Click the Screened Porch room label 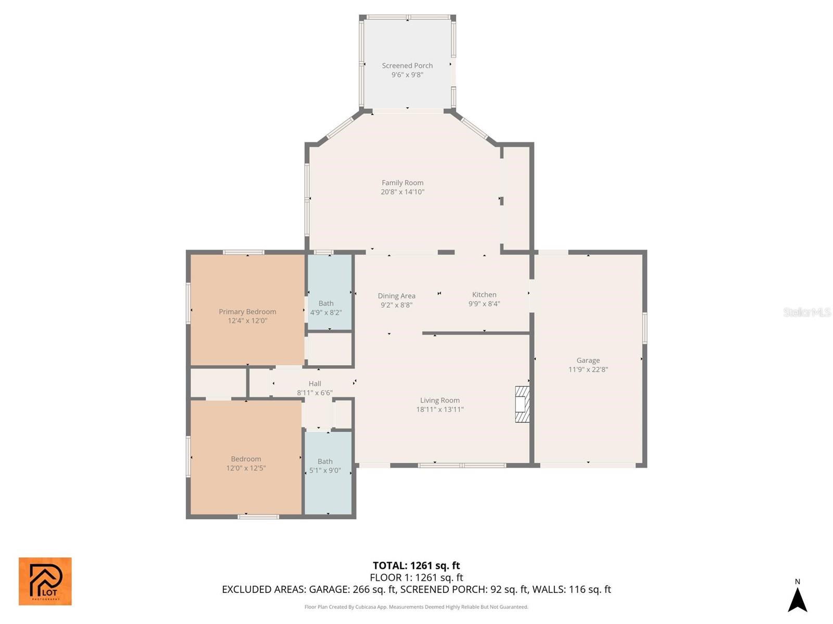coord(407,66)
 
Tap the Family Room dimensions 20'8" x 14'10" coord(402,192)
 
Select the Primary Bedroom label coord(247,311)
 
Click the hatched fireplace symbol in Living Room coord(522,404)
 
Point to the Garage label coord(588,360)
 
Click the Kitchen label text coord(484,295)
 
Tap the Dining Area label coord(396,296)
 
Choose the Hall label coord(314,384)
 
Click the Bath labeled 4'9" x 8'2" coord(326,308)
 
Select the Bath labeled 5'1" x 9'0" coord(325,466)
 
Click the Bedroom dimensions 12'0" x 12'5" coord(246,468)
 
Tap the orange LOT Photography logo coord(45,581)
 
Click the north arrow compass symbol coord(797,599)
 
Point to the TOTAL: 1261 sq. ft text coord(416,566)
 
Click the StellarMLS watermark coord(807,312)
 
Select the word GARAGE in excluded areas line coord(327,590)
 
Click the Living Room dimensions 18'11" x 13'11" coord(439,409)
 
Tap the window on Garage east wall coord(645,328)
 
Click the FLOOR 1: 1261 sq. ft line coord(416,578)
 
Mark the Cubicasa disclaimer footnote coord(416,607)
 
